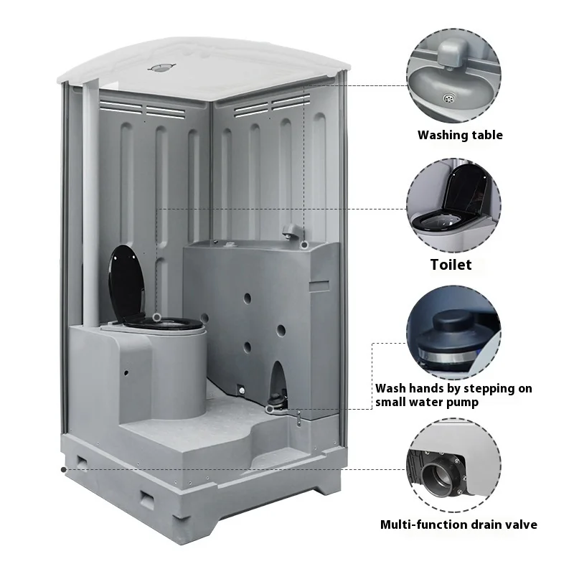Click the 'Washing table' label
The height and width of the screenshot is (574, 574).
tap(460, 135)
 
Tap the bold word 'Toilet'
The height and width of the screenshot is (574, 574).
tap(451, 264)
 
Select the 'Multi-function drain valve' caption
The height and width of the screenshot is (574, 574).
tap(458, 524)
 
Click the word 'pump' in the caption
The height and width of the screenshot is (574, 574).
tap(463, 403)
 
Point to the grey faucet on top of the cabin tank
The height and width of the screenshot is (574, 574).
tap(291, 231)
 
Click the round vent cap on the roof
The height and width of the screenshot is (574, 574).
tap(160, 68)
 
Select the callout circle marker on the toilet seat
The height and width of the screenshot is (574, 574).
tap(156, 316)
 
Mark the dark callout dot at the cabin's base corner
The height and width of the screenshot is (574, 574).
tap(65, 469)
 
